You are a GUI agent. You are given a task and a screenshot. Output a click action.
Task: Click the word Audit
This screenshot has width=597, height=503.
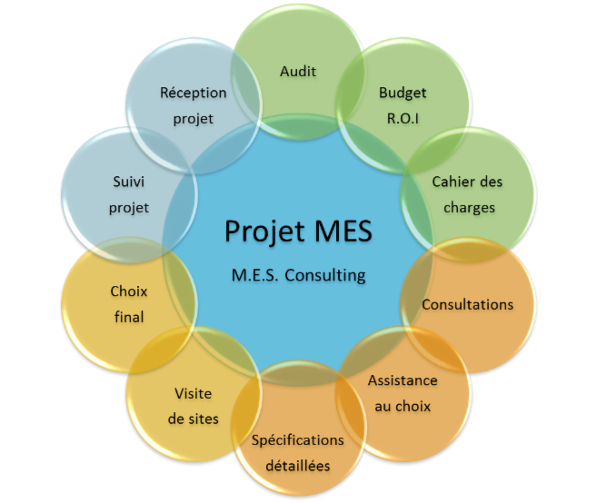298,71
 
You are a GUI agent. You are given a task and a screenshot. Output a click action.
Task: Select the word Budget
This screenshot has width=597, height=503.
403,94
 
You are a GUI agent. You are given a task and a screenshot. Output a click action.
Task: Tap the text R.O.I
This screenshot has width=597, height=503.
403,119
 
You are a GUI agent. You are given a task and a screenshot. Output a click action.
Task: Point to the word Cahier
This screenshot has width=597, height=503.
450,182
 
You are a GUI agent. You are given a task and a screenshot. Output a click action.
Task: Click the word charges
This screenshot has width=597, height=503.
469,208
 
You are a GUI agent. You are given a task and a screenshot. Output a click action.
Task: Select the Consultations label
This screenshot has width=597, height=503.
468,305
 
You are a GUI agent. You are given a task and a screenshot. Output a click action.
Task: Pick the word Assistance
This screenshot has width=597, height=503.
403,380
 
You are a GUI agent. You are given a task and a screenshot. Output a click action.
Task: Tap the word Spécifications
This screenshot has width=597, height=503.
298,440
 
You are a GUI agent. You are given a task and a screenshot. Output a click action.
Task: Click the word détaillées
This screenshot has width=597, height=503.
298,466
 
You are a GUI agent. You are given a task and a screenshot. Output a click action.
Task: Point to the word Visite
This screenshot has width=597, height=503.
193,393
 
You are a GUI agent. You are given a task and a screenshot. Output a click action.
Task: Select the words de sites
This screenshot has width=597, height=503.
193,419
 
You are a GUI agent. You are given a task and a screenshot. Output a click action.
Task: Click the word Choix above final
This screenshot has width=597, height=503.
129,291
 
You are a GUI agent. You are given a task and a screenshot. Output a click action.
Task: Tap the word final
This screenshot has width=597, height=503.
129,317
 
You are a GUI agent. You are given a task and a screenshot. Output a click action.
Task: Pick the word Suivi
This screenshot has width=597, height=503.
129,182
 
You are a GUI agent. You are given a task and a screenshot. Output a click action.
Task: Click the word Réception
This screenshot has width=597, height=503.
193,94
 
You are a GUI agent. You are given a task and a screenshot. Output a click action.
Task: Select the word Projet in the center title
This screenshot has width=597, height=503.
265,232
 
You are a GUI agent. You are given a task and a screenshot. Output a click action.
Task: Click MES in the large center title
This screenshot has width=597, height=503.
343,231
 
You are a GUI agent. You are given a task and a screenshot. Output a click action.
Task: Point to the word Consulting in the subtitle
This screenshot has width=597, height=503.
325,275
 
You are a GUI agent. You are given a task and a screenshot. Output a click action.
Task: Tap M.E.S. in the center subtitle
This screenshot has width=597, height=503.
255,275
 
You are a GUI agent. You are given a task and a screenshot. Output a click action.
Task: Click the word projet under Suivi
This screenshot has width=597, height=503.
129,208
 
